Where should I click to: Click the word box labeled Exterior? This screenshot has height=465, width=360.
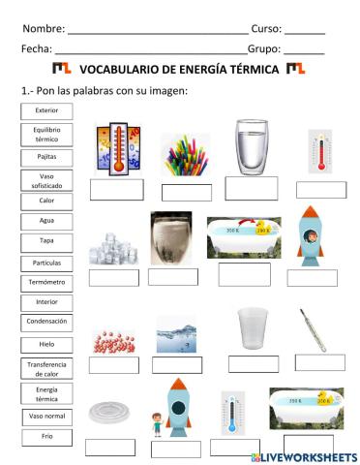pyautogui.click(x=46, y=110)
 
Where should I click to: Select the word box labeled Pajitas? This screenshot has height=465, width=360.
pyautogui.click(x=46, y=156)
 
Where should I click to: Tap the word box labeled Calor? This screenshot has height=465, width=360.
pyautogui.click(x=46, y=201)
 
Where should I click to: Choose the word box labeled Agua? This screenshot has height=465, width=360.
pyautogui.click(x=46, y=220)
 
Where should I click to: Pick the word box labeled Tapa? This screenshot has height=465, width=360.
pyautogui.click(x=46, y=241)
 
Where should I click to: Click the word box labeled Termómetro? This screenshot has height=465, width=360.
pyautogui.click(x=46, y=283)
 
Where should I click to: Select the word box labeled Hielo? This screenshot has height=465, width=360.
pyautogui.click(x=46, y=343)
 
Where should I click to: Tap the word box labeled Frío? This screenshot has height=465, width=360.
pyautogui.click(x=46, y=437)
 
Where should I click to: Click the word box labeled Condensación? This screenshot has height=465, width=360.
pyautogui.click(x=46, y=321)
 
